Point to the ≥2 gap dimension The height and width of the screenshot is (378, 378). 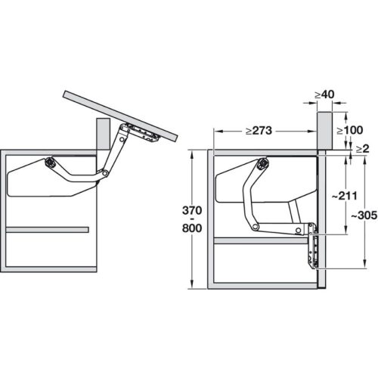coord(364,150)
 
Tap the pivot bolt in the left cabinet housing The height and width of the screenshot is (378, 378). coord(50,161)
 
